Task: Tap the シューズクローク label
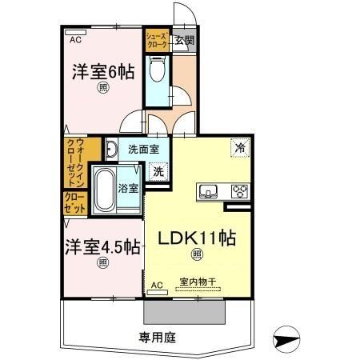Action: [156, 40]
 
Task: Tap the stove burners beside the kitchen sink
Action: [239, 190]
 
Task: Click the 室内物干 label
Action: [197, 282]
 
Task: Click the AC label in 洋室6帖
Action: [74, 38]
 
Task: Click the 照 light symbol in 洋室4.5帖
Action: [102, 262]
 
